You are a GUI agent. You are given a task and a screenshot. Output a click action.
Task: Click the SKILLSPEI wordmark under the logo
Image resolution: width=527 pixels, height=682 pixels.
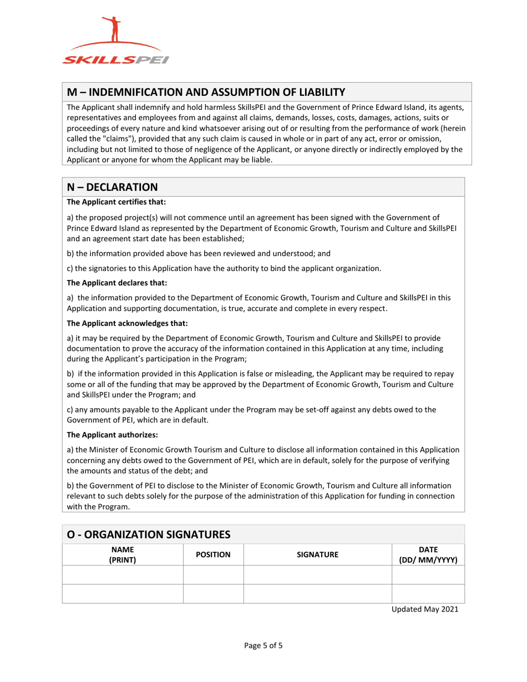115,60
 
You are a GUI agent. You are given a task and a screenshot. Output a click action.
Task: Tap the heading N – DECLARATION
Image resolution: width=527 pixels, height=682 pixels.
113,187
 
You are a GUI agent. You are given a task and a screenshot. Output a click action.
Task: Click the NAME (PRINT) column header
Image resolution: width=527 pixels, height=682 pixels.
122,554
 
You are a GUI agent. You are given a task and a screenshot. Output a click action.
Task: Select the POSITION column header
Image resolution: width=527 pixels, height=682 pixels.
213,554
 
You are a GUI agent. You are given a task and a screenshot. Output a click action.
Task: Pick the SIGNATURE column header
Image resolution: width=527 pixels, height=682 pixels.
317,554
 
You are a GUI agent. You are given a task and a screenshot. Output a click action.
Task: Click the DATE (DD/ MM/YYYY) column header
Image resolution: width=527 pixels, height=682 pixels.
428,554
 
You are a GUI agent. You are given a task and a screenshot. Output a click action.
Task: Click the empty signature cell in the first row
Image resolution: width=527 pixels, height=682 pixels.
317,574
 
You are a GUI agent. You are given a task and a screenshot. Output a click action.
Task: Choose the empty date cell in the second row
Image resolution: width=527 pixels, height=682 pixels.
428,593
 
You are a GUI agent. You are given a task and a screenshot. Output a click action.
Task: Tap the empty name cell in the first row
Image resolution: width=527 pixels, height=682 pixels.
122,574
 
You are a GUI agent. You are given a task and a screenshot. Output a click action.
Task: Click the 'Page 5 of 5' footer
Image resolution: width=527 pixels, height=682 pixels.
264,645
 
